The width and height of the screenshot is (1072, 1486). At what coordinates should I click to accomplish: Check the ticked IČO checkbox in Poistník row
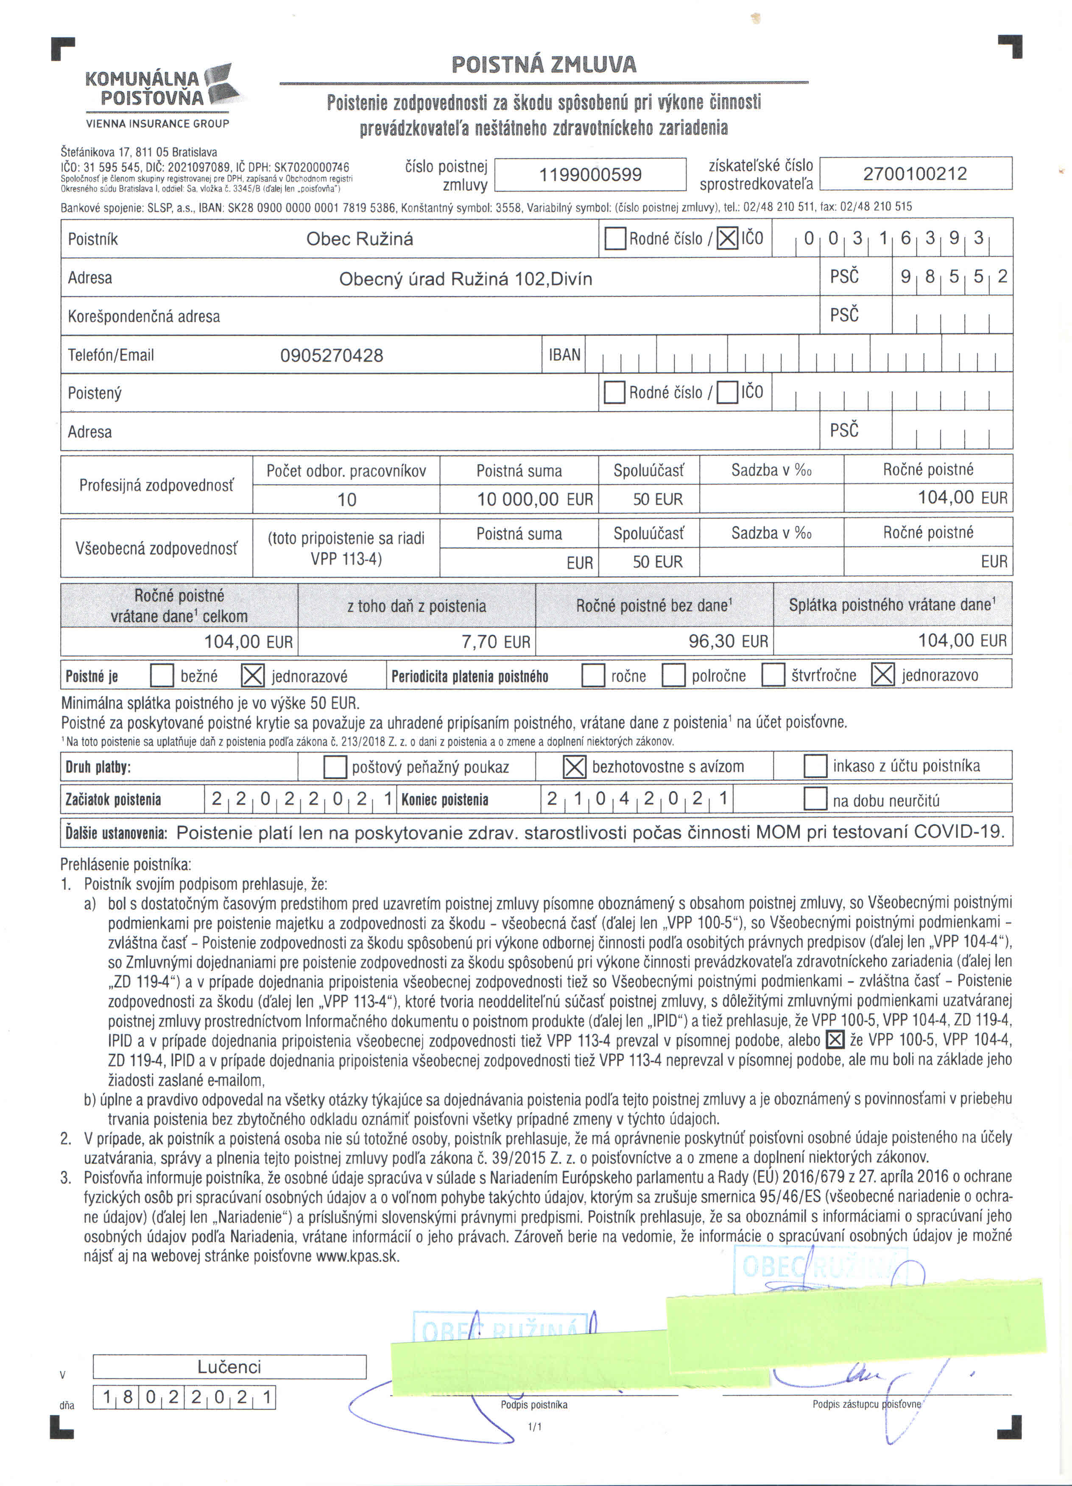click(x=727, y=238)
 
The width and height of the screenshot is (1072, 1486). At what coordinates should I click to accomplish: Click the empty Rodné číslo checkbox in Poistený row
click(x=614, y=392)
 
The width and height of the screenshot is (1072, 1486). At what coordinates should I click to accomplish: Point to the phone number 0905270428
click(x=332, y=356)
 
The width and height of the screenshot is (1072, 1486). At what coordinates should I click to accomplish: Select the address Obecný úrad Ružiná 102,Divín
click(x=465, y=279)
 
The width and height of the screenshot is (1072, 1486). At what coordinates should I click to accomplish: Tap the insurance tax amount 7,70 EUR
click(x=495, y=642)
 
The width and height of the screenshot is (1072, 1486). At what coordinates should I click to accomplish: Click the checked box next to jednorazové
click(x=253, y=676)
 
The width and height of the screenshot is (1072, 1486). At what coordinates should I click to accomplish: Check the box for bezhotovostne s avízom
click(x=575, y=767)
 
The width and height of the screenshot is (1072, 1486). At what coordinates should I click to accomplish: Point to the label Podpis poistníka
click(x=534, y=1405)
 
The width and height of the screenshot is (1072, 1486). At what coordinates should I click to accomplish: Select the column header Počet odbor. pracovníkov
click(x=346, y=470)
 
